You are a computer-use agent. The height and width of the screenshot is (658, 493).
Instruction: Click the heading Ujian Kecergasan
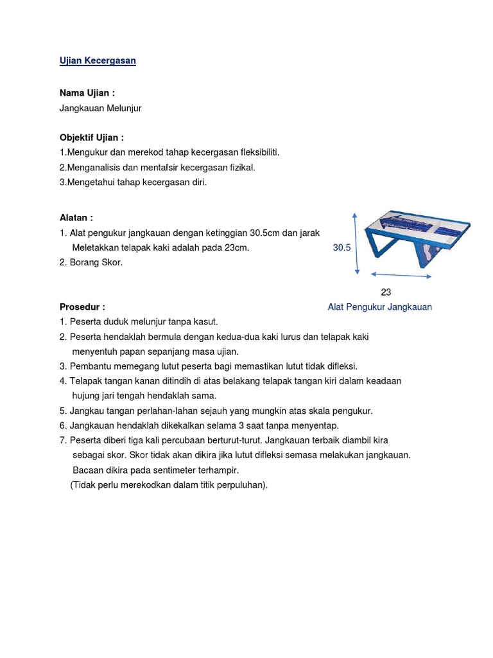(x=98, y=60)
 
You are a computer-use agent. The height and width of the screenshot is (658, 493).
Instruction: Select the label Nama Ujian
(x=87, y=93)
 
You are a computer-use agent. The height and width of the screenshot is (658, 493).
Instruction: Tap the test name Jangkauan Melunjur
(x=100, y=108)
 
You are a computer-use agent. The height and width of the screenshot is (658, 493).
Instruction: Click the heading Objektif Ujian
(x=92, y=138)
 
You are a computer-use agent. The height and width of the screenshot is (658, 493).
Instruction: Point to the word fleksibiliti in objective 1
(x=257, y=152)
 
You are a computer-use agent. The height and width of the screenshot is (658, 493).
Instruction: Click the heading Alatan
(x=76, y=218)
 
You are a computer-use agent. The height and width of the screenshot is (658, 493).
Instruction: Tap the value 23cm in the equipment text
(x=236, y=247)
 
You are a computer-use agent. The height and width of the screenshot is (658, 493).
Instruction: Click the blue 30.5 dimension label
(x=342, y=247)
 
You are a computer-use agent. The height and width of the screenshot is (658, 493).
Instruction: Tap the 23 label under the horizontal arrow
(x=386, y=292)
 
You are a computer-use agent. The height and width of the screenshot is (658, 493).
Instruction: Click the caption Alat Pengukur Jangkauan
(x=379, y=307)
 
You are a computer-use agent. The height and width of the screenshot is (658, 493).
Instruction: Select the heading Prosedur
(x=82, y=307)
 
